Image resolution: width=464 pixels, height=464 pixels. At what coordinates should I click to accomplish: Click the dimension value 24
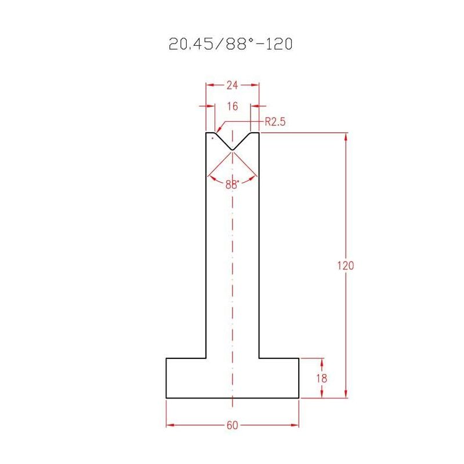(232, 85)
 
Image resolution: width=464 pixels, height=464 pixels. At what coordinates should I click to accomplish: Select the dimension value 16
(232, 107)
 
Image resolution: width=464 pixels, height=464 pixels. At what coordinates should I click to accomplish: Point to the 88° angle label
(232, 184)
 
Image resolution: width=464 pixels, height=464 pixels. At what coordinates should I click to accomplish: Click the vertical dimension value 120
(346, 266)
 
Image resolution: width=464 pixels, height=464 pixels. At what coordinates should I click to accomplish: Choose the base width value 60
(232, 425)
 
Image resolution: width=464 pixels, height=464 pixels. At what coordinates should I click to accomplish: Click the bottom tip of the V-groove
(232, 150)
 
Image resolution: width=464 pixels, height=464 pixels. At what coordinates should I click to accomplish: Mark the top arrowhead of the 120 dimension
(346, 136)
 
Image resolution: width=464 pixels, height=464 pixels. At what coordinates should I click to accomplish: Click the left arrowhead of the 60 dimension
(169, 425)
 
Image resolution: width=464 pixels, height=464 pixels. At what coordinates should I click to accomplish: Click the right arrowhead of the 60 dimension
(296, 425)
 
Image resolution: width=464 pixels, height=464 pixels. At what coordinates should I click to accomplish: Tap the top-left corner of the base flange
(166, 358)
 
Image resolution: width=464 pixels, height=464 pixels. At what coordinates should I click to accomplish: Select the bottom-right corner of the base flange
(299, 398)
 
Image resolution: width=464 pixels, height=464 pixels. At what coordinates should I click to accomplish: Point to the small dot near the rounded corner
(213, 139)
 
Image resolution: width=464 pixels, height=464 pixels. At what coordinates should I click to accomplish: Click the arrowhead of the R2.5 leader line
(216, 130)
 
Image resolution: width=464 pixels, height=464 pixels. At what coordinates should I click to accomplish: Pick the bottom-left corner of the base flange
(166, 398)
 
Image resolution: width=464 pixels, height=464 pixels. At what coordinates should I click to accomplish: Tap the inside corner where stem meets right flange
(258, 358)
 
